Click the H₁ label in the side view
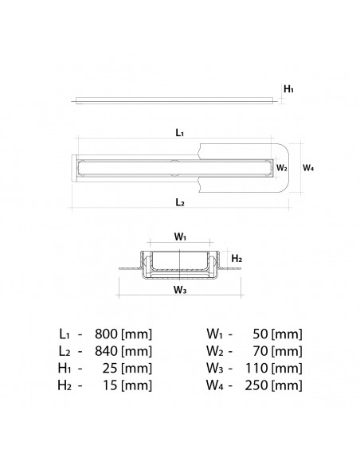point(288,88)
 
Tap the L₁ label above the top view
point(180,132)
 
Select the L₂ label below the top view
point(180,202)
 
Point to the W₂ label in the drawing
point(282,168)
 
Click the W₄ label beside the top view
point(308,168)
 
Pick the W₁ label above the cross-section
point(180,237)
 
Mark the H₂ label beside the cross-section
point(237,259)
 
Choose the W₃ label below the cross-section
point(180,290)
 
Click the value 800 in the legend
point(106,334)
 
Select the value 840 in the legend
point(106,351)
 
